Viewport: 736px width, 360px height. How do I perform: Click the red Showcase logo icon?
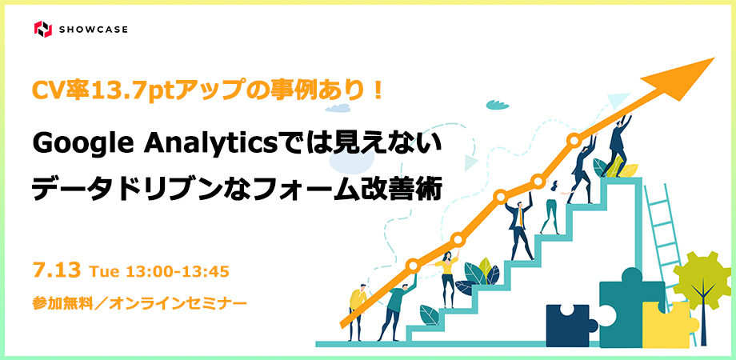[x=43, y=29]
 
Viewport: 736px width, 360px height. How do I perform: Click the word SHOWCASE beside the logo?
[x=94, y=30]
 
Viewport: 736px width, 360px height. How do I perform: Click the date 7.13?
[x=57, y=270]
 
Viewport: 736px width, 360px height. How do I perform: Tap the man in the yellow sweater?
[x=358, y=311]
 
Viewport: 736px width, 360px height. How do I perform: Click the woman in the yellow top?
[x=447, y=279]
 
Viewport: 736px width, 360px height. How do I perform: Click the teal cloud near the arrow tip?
[x=498, y=104]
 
